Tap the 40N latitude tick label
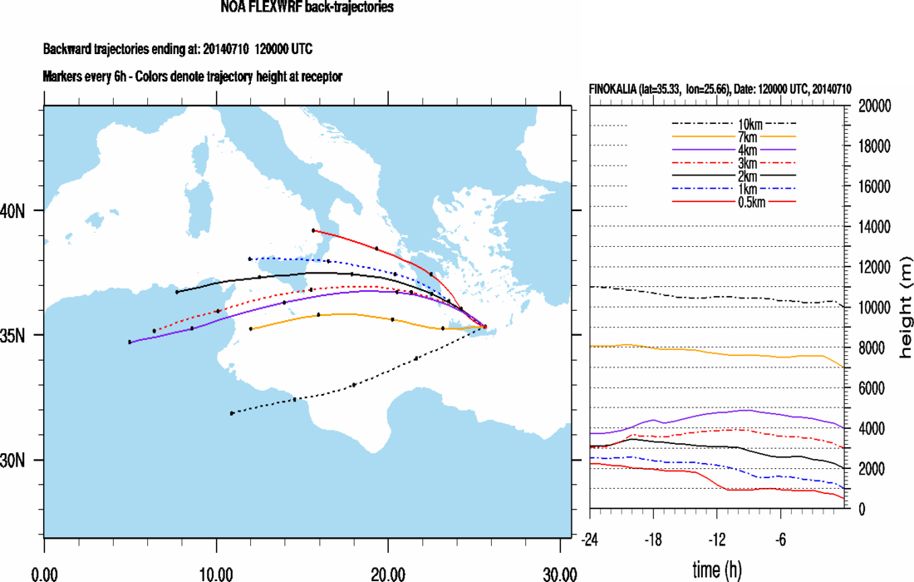click(12, 211)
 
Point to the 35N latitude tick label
click(12, 336)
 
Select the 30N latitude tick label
click(12, 461)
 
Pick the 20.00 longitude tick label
click(388, 573)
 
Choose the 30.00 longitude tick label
click(560, 573)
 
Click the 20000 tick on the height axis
click(872, 106)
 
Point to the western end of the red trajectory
click(312, 230)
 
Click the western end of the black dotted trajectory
click(232, 413)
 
